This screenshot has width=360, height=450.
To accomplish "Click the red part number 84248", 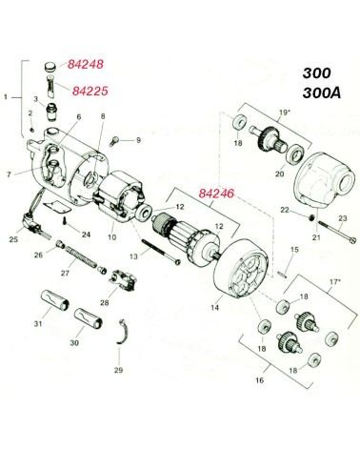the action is [86, 64].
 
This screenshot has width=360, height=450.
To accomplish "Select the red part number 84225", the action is [90, 92].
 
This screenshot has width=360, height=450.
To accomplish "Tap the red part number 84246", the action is [216, 194].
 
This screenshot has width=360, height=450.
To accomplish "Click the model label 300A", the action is [322, 93].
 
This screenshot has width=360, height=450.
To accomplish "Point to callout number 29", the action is [118, 370].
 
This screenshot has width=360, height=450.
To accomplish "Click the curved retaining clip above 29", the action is [123, 332].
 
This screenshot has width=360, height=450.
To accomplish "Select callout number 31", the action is [38, 324].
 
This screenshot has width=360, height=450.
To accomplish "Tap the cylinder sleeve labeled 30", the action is [89, 318].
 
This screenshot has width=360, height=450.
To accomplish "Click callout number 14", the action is [215, 308].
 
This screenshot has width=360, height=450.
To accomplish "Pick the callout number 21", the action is [316, 237].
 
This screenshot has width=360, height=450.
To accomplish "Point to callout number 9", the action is [138, 140].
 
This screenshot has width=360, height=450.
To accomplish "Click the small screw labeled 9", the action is [114, 141].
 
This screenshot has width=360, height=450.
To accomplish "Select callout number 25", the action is [13, 239].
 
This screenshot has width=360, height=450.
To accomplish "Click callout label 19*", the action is [285, 112].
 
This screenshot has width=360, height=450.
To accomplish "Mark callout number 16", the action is [260, 380].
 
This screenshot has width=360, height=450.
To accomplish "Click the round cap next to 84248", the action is [50, 67].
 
